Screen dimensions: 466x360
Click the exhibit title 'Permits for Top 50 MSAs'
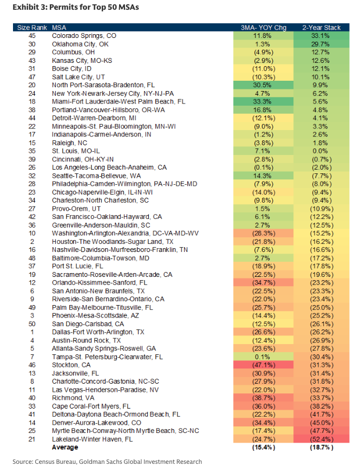tap(93, 8)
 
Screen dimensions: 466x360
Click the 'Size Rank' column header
tap(32, 27)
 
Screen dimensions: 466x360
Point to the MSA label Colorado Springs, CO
tap(84, 35)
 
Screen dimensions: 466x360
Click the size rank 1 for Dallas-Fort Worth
tap(32, 332)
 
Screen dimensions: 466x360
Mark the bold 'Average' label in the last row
tap(65, 448)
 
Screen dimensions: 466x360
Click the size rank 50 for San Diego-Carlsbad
tap(32, 323)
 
